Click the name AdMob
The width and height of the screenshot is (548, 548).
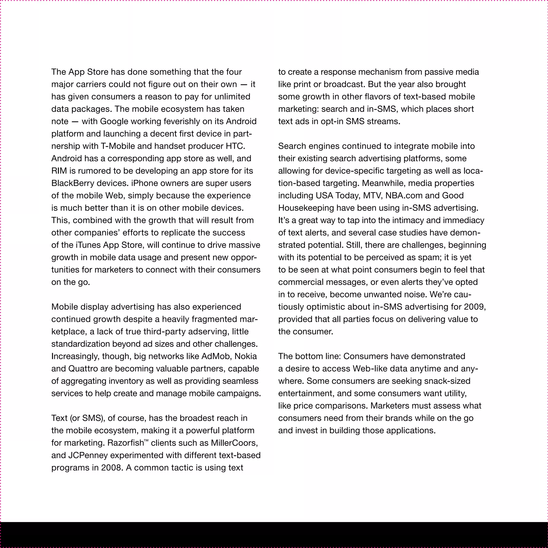[217, 356]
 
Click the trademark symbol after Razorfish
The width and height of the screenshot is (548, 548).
[146, 440]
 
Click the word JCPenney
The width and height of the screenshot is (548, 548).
[88, 455]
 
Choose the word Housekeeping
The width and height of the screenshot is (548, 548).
[306, 208]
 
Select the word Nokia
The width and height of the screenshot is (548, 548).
[246, 356]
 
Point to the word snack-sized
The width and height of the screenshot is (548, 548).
[447, 381]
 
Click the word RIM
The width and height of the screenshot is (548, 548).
[59, 171]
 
